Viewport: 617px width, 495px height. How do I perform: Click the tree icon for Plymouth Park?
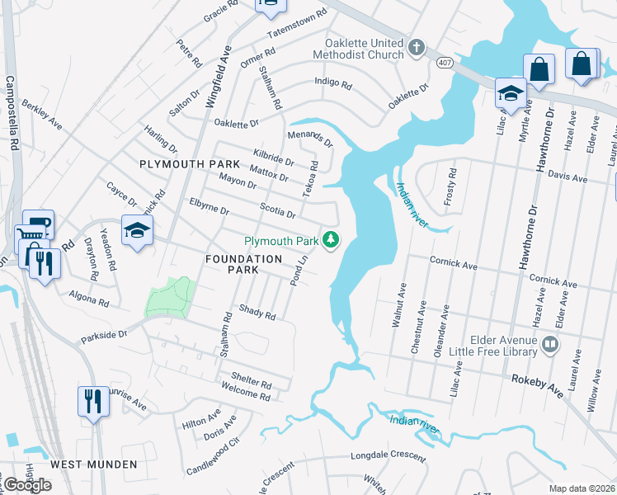tap(331, 240)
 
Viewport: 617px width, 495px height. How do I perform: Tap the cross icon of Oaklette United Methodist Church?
tap(417, 48)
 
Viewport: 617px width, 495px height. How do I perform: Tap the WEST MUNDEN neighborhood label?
tap(94, 464)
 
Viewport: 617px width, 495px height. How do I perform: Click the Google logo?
tap(27, 484)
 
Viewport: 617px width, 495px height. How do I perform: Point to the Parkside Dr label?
tap(105, 336)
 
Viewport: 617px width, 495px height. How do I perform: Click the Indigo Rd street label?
tap(333, 83)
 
